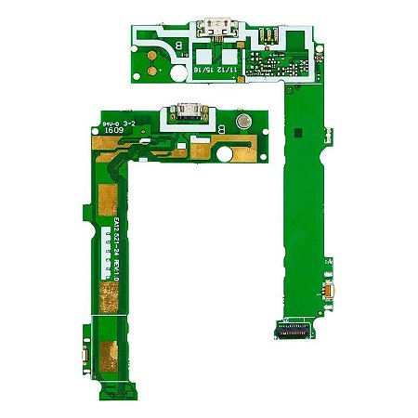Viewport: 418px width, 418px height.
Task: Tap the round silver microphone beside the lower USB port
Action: point(242,123)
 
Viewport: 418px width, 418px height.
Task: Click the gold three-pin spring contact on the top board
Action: point(267,38)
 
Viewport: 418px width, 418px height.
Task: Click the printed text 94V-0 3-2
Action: point(117,122)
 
